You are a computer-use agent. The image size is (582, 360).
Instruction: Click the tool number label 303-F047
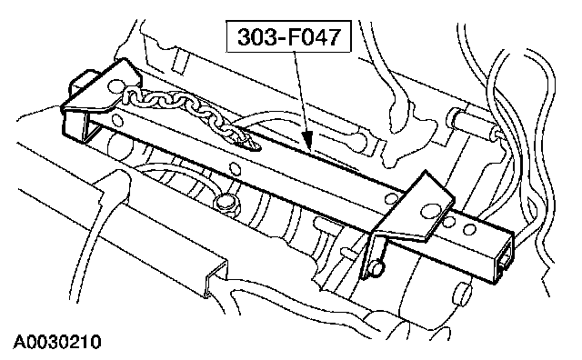point(289,36)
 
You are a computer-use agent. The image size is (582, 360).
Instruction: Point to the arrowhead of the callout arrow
point(308,142)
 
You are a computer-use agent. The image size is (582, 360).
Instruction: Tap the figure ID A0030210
point(57,342)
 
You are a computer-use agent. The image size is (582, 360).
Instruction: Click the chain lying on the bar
point(186,111)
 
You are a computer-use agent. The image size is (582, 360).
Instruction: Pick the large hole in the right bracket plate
point(429,210)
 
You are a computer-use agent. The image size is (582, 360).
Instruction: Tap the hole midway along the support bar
point(235,169)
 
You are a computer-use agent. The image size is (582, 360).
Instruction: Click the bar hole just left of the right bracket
point(390,199)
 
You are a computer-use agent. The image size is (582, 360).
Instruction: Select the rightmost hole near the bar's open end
point(469,229)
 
